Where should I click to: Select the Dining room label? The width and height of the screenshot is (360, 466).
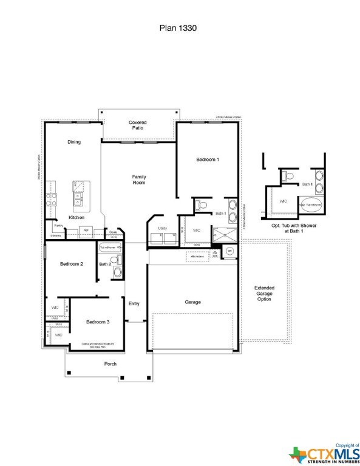point(73,142)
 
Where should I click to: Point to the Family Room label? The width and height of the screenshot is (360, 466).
point(139,180)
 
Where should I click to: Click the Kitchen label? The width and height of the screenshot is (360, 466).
point(76,217)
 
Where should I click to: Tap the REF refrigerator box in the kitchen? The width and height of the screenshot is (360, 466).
point(86,231)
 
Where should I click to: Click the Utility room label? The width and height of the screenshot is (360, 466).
point(162,228)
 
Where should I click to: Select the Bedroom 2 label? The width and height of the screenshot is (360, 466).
point(71,264)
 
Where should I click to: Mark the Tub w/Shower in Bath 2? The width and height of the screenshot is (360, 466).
point(110,248)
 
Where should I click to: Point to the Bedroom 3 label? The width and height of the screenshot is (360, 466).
point(97,322)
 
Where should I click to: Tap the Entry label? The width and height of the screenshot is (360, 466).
point(134,304)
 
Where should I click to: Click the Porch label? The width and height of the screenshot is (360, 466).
point(109,364)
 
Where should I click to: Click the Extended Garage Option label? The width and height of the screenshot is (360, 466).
point(264,293)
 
